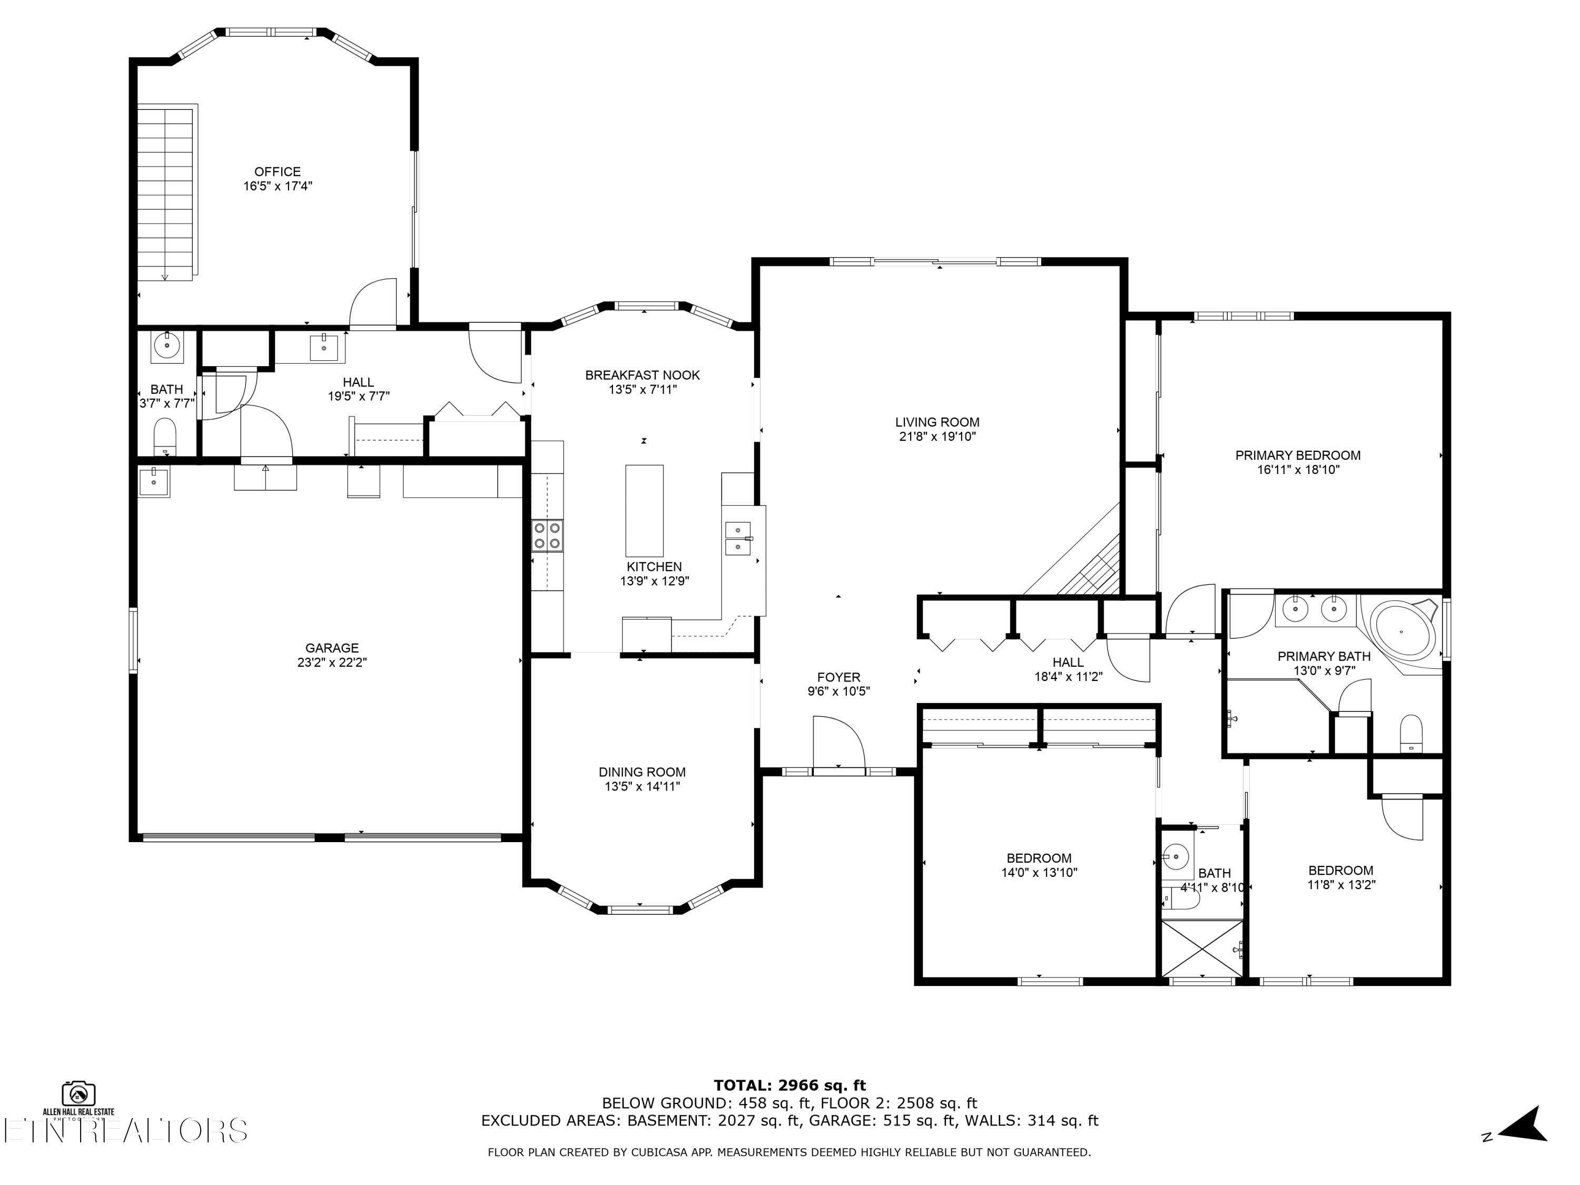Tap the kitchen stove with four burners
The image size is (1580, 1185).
pos(547,536)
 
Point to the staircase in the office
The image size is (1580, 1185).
pos(166,193)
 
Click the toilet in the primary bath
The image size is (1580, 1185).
pos(1411,734)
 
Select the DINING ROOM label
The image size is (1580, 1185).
pos(641,772)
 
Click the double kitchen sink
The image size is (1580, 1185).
pos(738,538)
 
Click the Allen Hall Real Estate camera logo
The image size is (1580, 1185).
pos(78,1093)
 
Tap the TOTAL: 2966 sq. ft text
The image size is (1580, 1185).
pos(789,1085)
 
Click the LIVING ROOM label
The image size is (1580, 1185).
pos(937,422)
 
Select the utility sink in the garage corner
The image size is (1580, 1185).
pos(154,481)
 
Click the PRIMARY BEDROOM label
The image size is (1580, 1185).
pos(1297,455)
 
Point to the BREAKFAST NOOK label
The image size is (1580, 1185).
pos(642,375)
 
